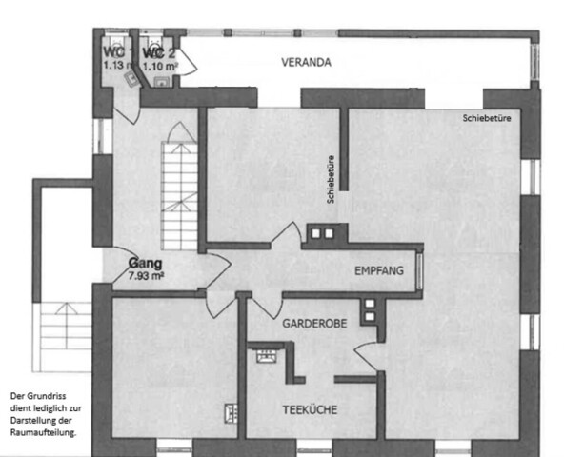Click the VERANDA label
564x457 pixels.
pos(306,63)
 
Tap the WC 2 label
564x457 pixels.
pos(157,52)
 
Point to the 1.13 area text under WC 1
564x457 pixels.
pos(115,66)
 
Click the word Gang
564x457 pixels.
pos(145,265)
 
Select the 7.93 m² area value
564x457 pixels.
pos(147,277)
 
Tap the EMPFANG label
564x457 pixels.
pos(378,271)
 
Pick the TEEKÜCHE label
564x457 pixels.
pos(309,411)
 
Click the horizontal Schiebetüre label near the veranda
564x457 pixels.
pos(487,120)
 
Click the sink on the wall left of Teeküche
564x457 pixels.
pos(229,412)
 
